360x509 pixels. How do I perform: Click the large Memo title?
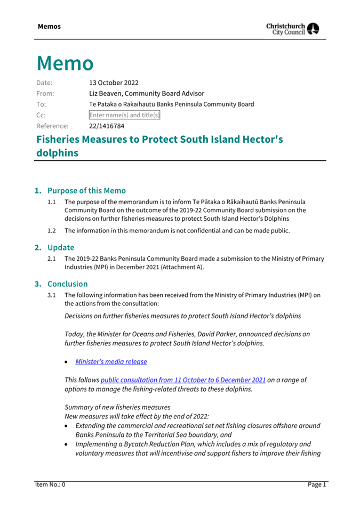(65, 63)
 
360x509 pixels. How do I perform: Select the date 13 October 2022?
(114, 83)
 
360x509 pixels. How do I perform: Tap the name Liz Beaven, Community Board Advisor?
(146, 93)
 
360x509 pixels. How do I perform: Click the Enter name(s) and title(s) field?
(124, 115)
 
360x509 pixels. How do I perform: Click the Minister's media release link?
(111, 361)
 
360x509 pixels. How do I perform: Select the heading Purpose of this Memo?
(86, 190)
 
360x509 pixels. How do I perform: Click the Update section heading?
(61, 247)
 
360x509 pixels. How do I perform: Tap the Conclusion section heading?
(68, 284)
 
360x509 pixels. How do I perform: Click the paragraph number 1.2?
(52, 231)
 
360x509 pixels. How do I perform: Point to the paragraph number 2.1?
(52, 258)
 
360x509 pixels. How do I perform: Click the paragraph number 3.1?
(52, 295)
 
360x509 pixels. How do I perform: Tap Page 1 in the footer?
(316, 484)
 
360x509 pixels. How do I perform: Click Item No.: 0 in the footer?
(50, 484)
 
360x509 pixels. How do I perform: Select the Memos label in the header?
(49, 26)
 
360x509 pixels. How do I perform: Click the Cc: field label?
(41, 115)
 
